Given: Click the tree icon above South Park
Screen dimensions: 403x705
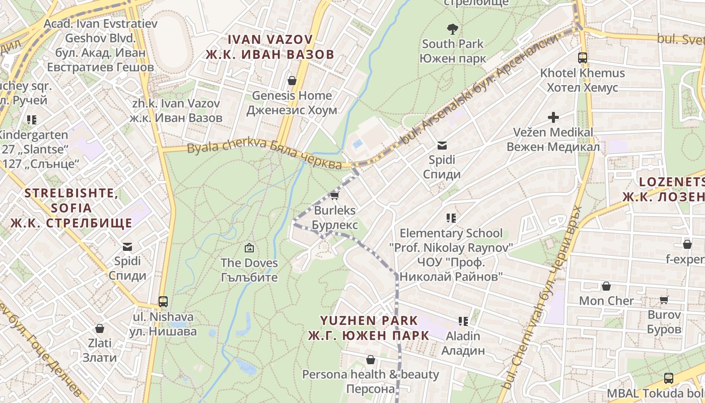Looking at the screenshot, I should [x=453, y=29].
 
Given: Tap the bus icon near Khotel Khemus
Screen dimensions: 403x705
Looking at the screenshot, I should [x=583, y=57].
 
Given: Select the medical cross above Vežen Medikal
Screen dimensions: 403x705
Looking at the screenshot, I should [x=553, y=117].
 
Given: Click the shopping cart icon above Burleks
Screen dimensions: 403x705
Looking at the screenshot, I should [x=334, y=195].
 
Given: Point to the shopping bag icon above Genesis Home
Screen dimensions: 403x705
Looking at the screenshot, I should [x=292, y=81].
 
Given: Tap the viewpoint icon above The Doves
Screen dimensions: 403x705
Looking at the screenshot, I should [x=249, y=248].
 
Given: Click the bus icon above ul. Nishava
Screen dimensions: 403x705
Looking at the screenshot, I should [x=163, y=302].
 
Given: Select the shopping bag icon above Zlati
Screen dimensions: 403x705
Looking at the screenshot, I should [x=100, y=328].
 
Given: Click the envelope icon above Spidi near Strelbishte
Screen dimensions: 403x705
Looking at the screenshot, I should [x=127, y=246].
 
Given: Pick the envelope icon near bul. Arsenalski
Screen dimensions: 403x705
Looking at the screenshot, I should [x=442, y=146].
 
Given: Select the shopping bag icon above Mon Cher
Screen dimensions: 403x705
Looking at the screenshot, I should [x=606, y=286].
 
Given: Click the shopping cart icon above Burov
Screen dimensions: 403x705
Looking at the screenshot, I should [x=664, y=300].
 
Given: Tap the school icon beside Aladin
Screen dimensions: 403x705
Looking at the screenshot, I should [x=463, y=321].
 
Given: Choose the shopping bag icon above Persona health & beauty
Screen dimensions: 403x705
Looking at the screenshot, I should [x=371, y=360].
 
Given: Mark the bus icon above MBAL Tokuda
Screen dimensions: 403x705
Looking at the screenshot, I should [x=669, y=378].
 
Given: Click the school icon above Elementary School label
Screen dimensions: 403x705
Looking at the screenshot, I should [x=451, y=218].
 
